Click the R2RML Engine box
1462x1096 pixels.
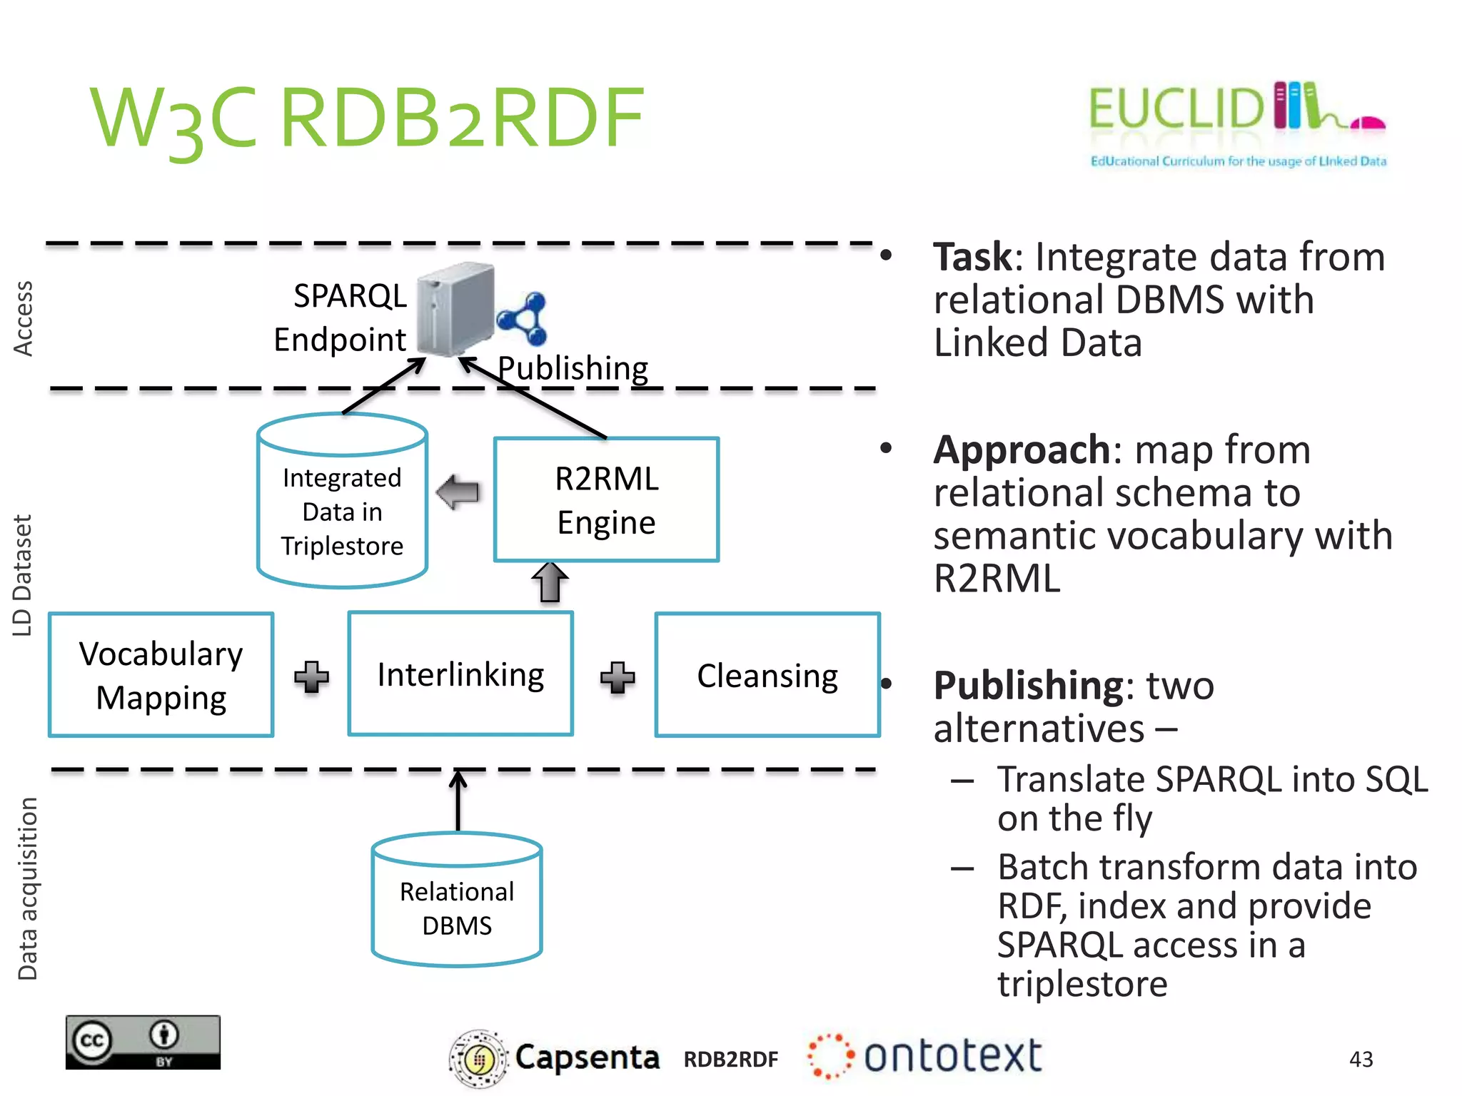point(606,499)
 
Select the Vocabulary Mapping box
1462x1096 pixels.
point(161,674)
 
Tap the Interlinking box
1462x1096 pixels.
point(460,674)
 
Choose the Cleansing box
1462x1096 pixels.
point(767,674)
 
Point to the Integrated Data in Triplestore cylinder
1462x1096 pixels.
point(342,507)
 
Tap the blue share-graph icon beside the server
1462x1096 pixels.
point(523,318)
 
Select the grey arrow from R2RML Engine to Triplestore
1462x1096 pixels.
point(458,492)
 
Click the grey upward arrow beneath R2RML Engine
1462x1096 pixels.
point(550,582)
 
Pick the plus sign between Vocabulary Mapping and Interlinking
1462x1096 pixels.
point(311,676)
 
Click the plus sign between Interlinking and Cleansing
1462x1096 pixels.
point(617,677)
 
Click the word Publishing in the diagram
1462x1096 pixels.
point(573,368)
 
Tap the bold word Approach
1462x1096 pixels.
point(1022,450)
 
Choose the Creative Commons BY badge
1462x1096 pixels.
point(143,1042)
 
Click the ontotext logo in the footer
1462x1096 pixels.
point(924,1056)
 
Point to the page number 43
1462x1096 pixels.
point(1361,1059)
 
